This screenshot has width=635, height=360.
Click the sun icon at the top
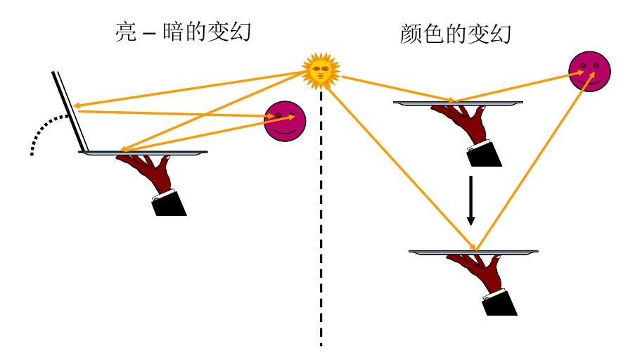point(320,71)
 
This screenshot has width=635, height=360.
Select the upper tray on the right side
point(458,103)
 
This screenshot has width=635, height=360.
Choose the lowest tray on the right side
point(473,251)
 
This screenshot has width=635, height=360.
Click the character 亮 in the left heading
point(124,33)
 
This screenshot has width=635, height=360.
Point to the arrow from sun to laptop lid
point(190,89)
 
